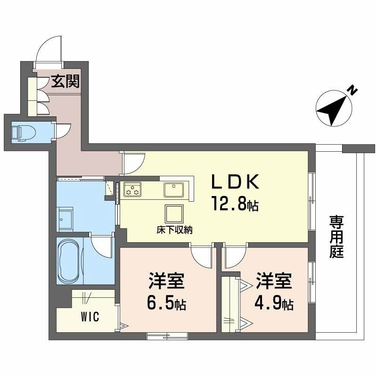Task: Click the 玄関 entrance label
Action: (66, 81)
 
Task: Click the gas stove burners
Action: (132, 190)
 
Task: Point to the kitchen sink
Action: (174, 190)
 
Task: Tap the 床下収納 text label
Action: (174, 230)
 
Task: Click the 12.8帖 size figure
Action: (234, 205)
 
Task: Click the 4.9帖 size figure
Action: (275, 304)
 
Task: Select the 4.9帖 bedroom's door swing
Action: (234, 256)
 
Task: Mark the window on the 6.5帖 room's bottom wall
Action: (167, 336)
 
